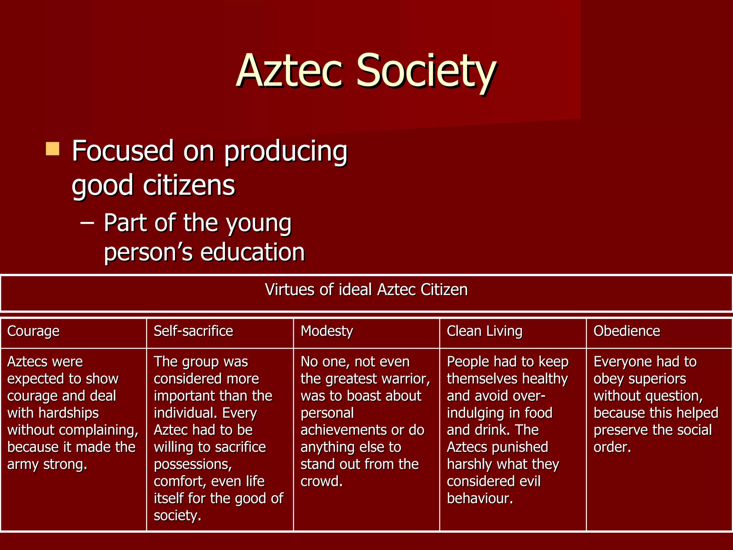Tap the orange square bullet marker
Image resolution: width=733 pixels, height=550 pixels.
[x=53, y=149]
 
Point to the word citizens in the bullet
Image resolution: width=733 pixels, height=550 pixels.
[x=189, y=185]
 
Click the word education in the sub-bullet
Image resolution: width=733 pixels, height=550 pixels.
[x=252, y=252]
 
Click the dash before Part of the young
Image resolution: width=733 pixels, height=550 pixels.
[x=87, y=223]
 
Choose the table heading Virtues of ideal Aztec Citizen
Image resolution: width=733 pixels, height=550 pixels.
[x=366, y=289]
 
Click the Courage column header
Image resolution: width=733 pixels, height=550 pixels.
[x=33, y=331]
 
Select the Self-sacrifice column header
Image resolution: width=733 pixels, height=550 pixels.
[x=193, y=331]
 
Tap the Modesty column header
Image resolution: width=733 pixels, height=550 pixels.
[x=327, y=331]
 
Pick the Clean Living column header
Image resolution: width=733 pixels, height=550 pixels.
[x=485, y=331]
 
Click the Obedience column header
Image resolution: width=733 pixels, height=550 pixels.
[x=627, y=331]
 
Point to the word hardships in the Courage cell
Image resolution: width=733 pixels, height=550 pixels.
[x=68, y=413]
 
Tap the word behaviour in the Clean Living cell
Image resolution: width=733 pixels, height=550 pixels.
[x=480, y=498]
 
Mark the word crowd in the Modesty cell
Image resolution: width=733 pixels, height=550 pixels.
[x=321, y=481]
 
